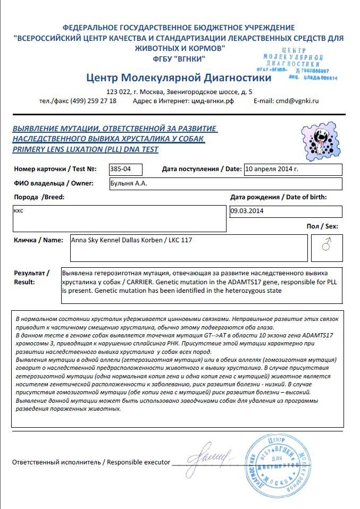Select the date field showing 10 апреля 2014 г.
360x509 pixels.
click(271, 169)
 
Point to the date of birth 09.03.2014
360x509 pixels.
click(247, 211)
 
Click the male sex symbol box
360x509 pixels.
click(327, 245)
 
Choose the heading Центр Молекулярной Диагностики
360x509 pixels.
click(178, 78)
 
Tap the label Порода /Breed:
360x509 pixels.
click(39, 197)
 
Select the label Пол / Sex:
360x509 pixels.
click(322, 226)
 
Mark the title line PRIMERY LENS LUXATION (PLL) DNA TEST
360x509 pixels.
click(85, 149)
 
